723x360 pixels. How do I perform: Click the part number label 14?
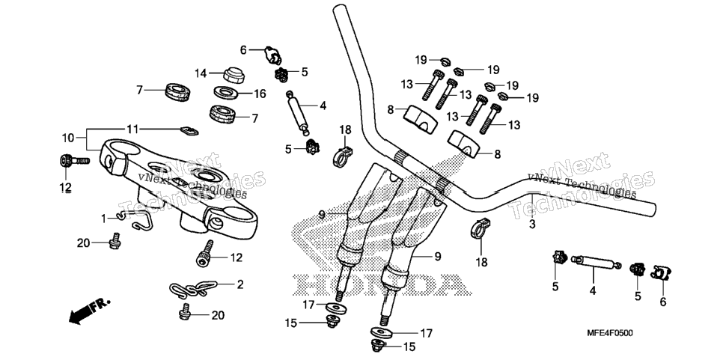click(200, 73)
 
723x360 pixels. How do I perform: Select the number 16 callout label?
click(260, 94)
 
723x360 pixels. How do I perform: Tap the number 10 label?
click(68, 138)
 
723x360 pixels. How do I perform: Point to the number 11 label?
click(132, 129)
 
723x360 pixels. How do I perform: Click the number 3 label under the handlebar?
click(531, 225)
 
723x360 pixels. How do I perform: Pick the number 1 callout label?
click(104, 217)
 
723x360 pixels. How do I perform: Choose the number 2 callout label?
click(240, 284)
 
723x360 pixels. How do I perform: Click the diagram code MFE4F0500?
click(609, 332)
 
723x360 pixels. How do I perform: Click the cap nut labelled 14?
click(234, 75)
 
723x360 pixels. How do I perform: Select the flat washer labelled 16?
click(225, 92)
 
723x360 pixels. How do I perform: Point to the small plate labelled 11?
click(189, 131)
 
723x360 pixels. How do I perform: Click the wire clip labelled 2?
click(189, 289)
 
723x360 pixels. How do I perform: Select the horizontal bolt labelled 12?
click(75, 161)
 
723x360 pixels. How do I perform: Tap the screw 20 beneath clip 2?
click(184, 311)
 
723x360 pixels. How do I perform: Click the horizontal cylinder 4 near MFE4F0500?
click(595, 262)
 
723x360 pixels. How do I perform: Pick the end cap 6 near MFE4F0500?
click(660, 273)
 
